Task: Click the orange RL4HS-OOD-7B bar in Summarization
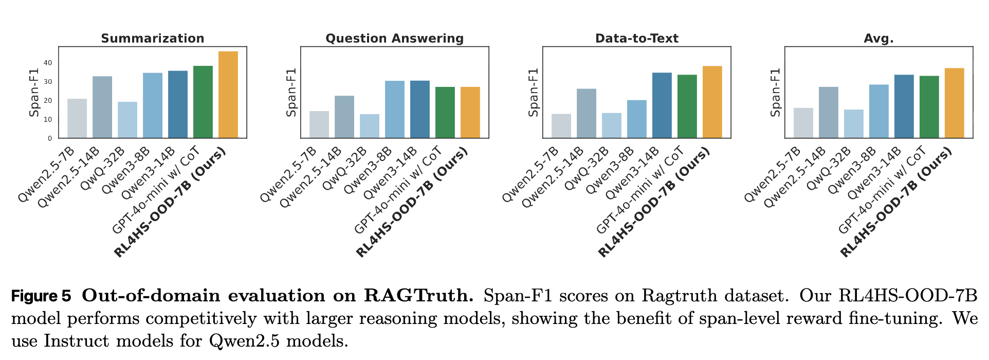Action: click(228, 95)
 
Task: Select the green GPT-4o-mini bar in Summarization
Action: click(203, 102)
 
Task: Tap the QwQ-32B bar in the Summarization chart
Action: click(127, 120)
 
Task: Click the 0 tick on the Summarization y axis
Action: click(50, 138)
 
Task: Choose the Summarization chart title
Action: click(153, 39)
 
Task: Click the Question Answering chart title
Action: click(394, 39)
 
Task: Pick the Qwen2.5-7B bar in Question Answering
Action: click(319, 124)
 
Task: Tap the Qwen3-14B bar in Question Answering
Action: click(419, 109)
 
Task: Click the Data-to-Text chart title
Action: click(636, 39)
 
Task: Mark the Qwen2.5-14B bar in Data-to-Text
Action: click(587, 113)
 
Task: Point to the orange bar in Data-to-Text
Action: click(712, 102)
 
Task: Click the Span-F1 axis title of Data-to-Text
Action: click(534, 93)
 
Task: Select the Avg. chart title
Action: click(878, 39)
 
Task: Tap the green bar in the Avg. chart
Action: click(929, 107)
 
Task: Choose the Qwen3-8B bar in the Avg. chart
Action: click(878, 111)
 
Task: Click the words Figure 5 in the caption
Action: click(41, 296)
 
